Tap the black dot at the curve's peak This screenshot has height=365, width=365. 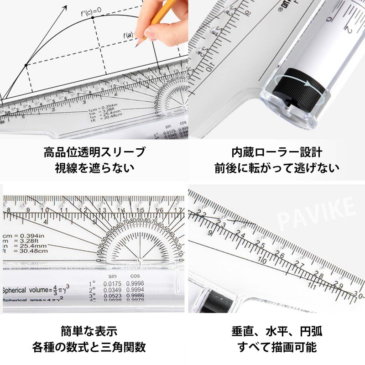point(93,17)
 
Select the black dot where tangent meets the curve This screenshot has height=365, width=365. point(26,65)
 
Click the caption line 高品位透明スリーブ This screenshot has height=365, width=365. point(94,152)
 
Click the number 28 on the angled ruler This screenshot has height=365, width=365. point(318,274)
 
